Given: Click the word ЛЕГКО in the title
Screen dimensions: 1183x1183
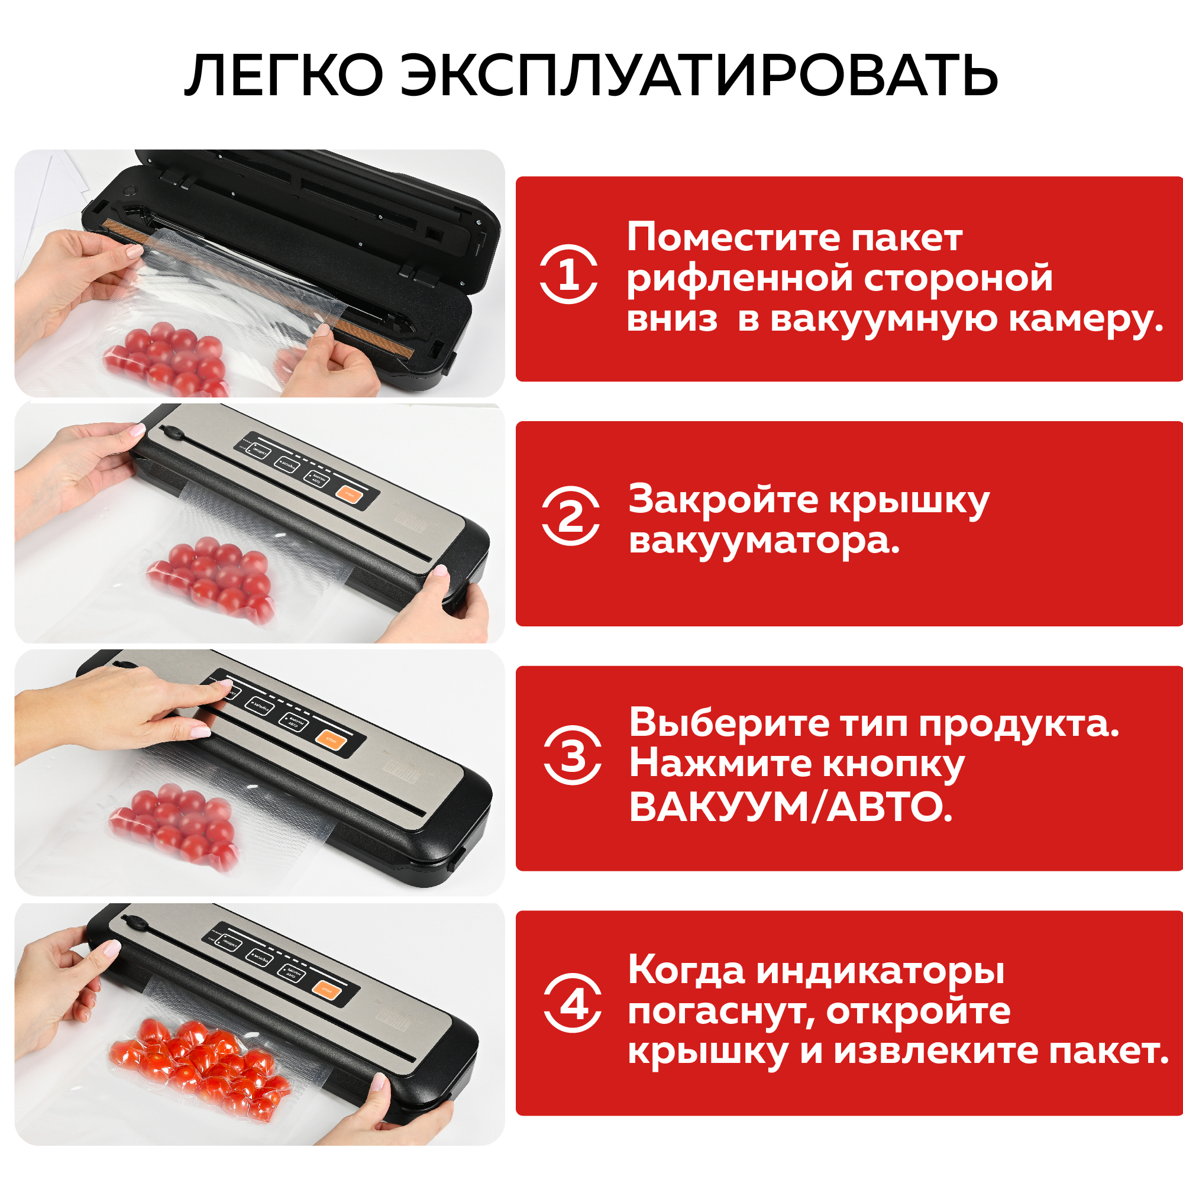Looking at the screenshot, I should coord(283,76).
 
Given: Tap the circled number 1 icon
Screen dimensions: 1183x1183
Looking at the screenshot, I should coord(569,274).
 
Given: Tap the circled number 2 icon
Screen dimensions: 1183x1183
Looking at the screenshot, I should coord(571,516).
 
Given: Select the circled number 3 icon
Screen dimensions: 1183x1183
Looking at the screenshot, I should coord(573,755).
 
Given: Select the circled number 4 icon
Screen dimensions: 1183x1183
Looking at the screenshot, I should coord(573,1003).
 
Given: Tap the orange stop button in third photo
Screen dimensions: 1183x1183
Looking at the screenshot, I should coord(331,741).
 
